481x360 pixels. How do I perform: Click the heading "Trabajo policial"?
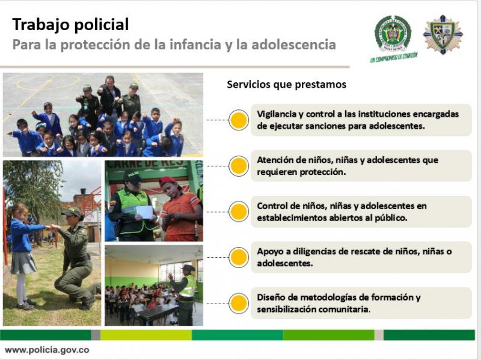[x=70, y=25]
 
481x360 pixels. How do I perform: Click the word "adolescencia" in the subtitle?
[x=293, y=44]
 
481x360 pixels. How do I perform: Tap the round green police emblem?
[x=393, y=34]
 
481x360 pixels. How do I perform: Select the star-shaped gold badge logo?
[x=443, y=34]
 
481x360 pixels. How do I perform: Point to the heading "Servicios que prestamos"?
[x=287, y=84]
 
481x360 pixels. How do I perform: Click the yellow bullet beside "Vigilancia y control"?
[x=239, y=120]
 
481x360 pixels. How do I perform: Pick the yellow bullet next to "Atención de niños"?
[x=239, y=166]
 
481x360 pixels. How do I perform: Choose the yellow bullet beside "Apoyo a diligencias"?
[x=239, y=257]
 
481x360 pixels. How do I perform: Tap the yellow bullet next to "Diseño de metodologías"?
[x=239, y=304]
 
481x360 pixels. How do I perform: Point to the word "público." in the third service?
[x=391, y=218]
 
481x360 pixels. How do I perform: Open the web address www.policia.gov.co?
[x=47, y=350]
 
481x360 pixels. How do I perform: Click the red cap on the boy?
[x=168, y=182]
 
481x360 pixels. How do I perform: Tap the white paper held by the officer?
[x=144, y=212]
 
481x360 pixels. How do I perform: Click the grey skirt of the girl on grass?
[x=23, y=263]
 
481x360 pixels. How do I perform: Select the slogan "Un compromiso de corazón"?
[x=394, y=57]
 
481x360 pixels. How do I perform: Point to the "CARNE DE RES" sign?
[x=146, y=164]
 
